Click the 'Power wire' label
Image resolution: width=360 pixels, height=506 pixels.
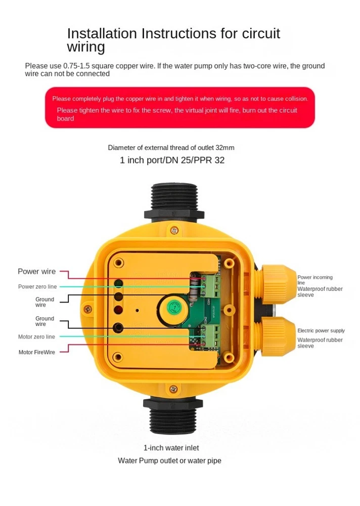click(x=36, y=271)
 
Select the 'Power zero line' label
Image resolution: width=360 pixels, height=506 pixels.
click(x=37, y=286)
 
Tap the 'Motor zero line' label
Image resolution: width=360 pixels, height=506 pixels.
click(x=36, y=336)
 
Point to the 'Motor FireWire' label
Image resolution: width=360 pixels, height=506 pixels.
click(x=37, y=352)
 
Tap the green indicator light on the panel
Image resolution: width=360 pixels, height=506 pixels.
click(x=118, y=284)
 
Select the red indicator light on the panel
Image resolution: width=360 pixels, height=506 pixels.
click(x=118, y=310)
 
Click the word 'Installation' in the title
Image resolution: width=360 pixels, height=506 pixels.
click(x=102, y=33)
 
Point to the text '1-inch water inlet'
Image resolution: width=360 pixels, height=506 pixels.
click(x=171, y=448)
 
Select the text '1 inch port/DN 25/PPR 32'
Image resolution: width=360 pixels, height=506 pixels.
click(x=172, y=160)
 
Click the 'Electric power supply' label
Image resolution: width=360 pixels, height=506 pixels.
click(x=321, y=330)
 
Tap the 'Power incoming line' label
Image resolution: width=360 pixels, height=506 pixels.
click(x=315, y=279)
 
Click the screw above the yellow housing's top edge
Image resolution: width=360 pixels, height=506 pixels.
click(x=174, y=230)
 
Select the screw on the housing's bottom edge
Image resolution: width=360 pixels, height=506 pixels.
click(x=173, y=389)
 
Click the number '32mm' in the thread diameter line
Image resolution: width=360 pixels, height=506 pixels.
click(x=225, y=148)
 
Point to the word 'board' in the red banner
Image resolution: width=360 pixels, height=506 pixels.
click(x=66, y=118)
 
